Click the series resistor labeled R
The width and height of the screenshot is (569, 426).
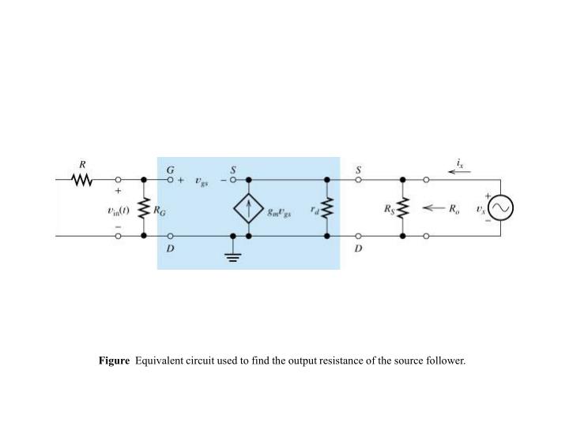(82, 181)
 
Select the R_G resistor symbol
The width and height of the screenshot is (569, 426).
(144, 208)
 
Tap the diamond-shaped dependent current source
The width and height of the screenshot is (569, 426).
(249, 208)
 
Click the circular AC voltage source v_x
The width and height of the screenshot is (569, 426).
(501, 208)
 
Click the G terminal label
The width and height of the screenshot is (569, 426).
(170, 170)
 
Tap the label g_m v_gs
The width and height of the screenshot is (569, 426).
(280, 214)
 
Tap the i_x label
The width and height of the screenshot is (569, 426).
(461, 163)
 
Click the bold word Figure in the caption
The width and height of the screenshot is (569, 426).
(114, 361)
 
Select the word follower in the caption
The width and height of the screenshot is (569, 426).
(446, 361)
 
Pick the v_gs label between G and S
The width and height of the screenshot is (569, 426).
(202, 181)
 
